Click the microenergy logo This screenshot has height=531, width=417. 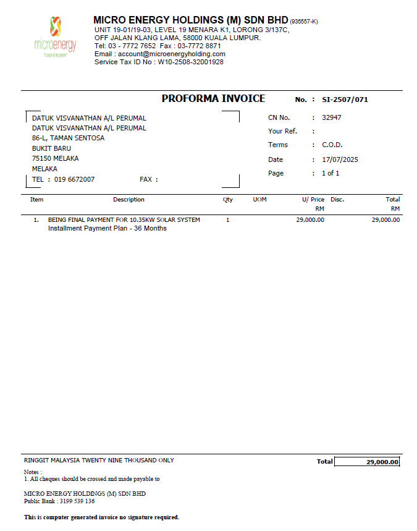(x=55, y=36)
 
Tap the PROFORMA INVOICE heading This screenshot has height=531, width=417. (x=213, y=99)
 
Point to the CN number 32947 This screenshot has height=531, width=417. (x=332, y=117)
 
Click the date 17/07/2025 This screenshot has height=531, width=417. (x=340, y=159)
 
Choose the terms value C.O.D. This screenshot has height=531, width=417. (x=332, y=145)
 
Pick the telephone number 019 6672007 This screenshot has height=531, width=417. (x=74, y=180)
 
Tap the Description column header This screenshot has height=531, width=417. (x=128, y=200)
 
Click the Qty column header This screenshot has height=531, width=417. (x=228, y=200)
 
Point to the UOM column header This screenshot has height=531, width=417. (x=259, y=200)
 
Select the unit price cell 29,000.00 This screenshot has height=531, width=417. (x=310, y=219)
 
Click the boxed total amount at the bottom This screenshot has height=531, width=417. (x=368, y=462)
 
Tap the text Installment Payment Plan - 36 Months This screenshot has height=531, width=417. (x=107, y=228)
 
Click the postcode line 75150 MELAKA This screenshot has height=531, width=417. (x=56, y=158)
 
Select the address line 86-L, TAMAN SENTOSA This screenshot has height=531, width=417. (x=69, y=138)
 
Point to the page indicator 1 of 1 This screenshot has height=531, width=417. (x=331, y=173)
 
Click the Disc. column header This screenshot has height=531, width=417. (x=337, y=200)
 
